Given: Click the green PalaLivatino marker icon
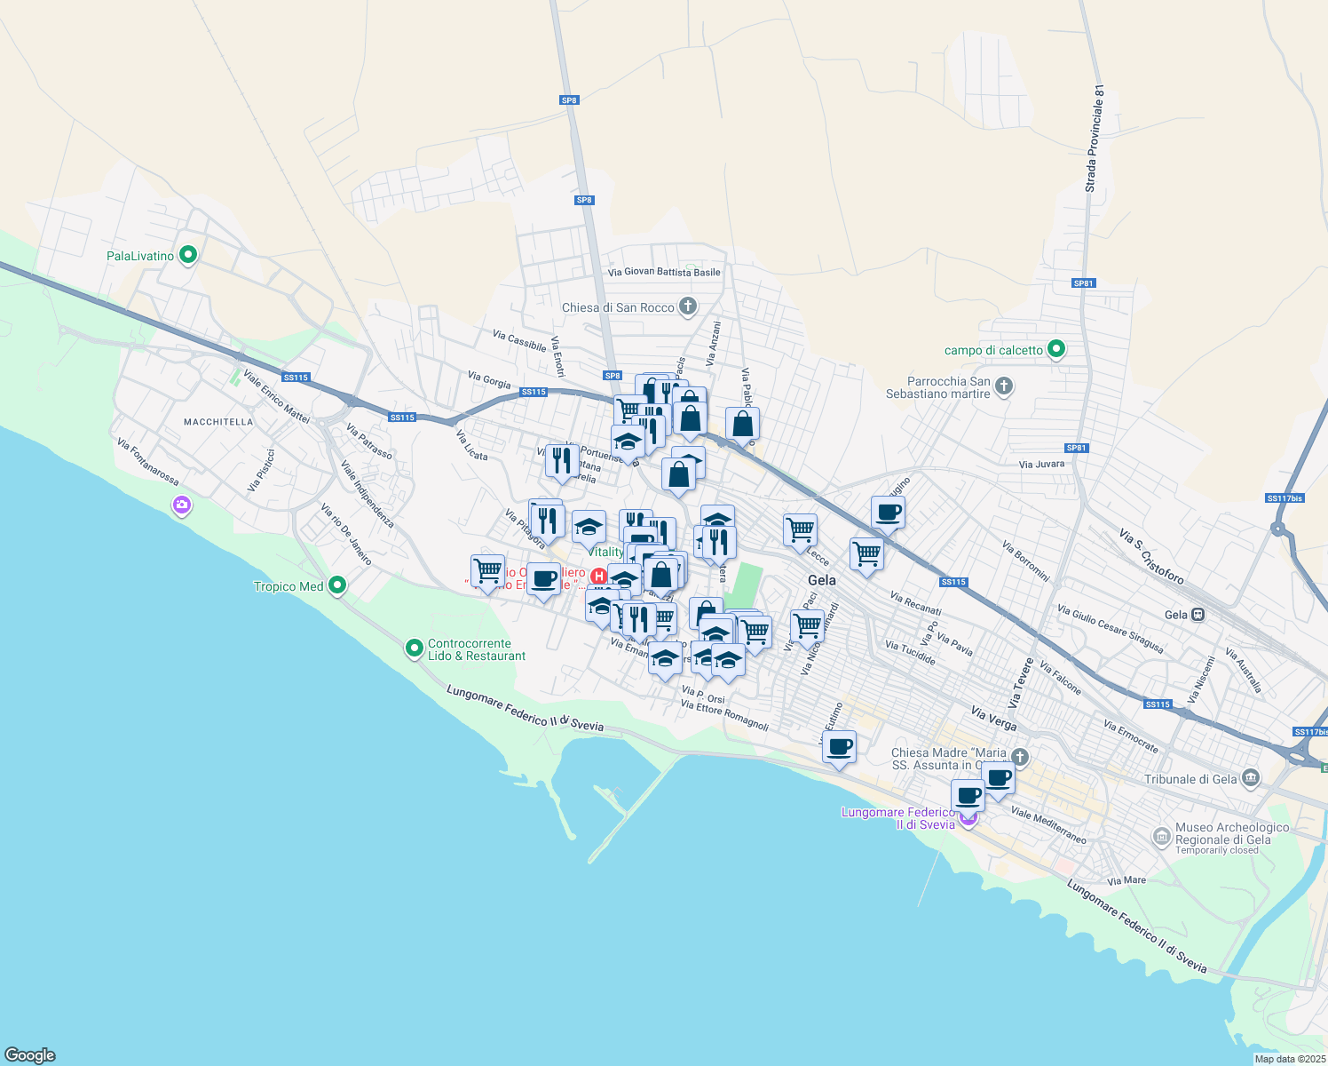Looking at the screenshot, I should click(187, 256).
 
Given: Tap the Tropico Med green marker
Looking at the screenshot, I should click(336, 585).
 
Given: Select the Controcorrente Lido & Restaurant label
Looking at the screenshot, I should click(477, 649).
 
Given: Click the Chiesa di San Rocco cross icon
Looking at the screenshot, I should click(687, 307).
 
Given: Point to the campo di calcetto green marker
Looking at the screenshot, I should click(1055, 349).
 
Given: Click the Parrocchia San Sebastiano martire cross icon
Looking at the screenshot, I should click(1003, 386).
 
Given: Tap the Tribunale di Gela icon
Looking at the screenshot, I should click(1251, 779).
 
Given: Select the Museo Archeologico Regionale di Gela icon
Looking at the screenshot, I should click(1161, 836).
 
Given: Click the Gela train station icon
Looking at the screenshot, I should click(1198, 614).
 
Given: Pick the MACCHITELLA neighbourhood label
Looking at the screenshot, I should click(218, 422).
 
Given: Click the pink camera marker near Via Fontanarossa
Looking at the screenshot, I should click(182, 505).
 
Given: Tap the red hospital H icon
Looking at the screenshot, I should click(599, 577).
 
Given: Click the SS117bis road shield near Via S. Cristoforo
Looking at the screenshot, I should click(1285, 498).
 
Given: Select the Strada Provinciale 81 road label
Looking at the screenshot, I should click(1095, 139).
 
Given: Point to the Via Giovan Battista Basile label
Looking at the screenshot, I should click(664, 272).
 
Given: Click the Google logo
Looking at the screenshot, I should click(29, 1054).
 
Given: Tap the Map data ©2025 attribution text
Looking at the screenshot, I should click(1289, 1058).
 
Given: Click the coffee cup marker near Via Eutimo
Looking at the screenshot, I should click(839, 746).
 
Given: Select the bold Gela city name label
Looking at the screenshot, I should click(821, 580).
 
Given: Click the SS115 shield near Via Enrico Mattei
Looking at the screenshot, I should click(296, 378).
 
